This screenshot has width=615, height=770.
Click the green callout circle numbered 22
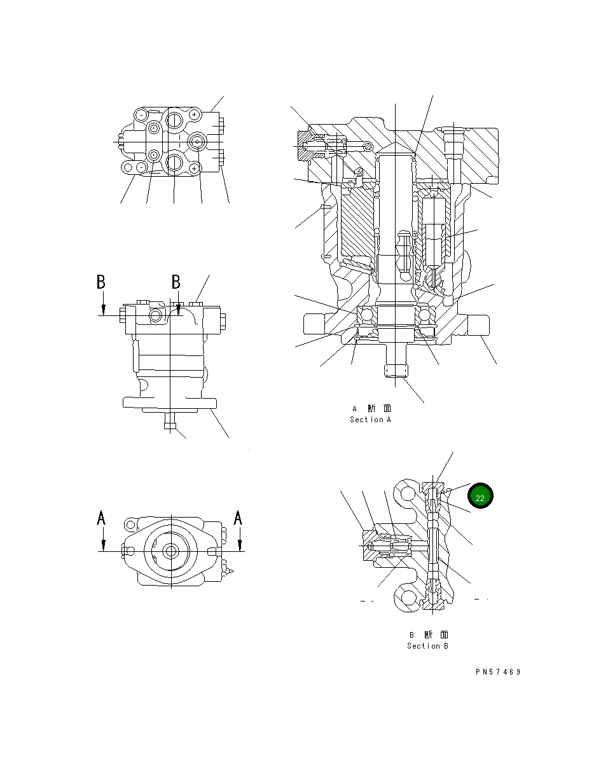(x=480, y=497)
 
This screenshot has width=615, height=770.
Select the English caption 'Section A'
(x=370, y=420)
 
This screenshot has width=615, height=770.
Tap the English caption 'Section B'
(x=427, y=646)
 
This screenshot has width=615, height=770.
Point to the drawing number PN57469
(x=497, y=672)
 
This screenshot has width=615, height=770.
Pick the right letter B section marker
(x=176, y=282)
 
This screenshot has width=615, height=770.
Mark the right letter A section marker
(x=238, y=519)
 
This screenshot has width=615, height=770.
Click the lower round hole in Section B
(x=406, y=598)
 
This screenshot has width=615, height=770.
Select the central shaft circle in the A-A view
(x=170, y=551)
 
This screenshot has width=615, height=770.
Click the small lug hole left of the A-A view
(x=131, y=525)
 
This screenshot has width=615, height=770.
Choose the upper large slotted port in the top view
(x=174, y=117)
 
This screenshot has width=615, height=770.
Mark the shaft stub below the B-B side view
(x=169, y=422)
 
